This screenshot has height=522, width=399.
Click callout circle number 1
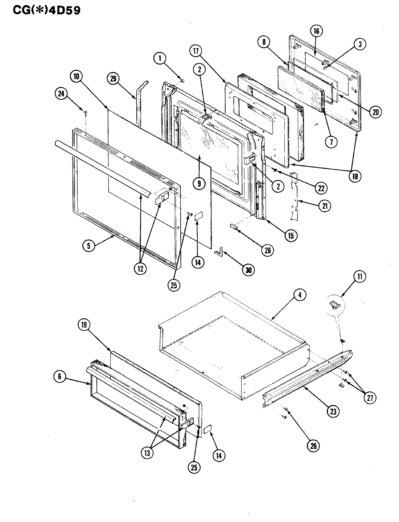(x=160, y=58)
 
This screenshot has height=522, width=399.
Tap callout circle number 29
(x=114, y=79)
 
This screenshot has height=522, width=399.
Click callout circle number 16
(x=316, y=31)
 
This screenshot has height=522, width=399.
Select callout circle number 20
(x=375, y=112)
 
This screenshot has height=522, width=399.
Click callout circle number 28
(x=269, y=250)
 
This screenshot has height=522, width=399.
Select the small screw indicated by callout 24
(x=85, y=113)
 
